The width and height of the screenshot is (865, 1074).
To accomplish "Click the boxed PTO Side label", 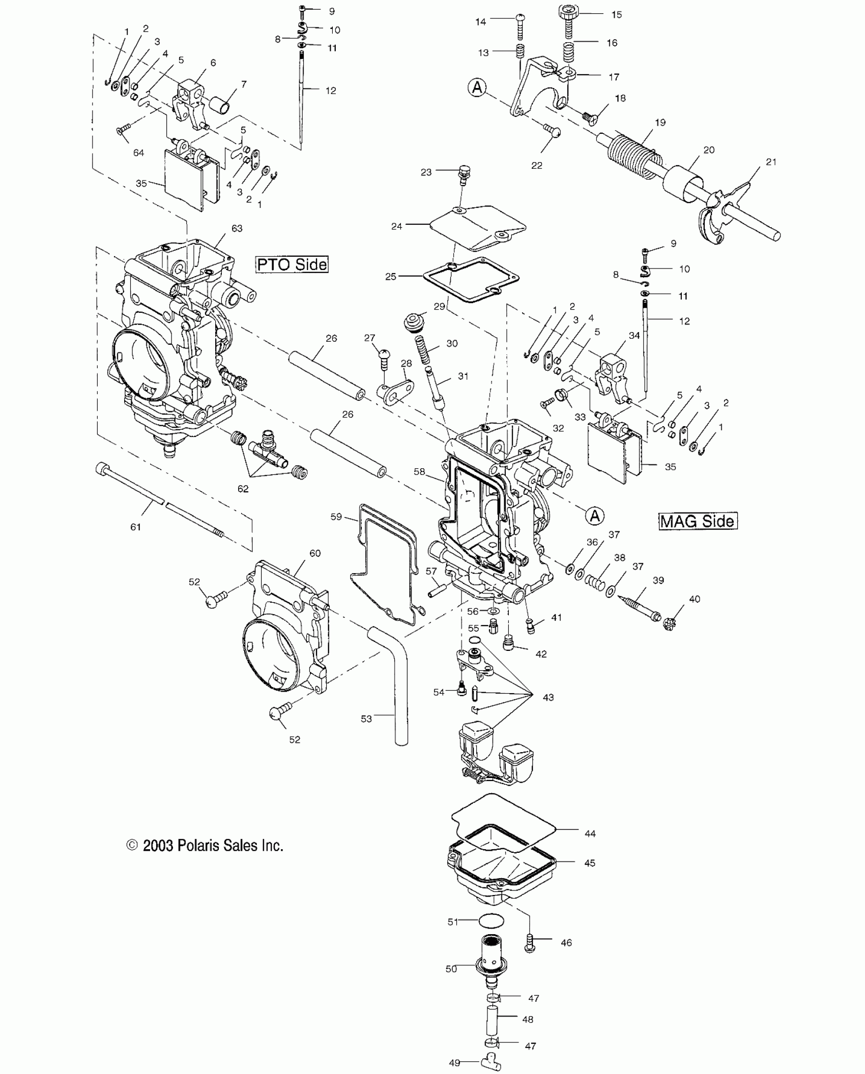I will (292, 264).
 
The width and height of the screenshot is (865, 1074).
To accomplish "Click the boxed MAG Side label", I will (698, 521).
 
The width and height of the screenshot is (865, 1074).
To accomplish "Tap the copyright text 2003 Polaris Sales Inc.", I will (205, 846).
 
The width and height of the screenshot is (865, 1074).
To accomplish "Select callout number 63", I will (237, 229).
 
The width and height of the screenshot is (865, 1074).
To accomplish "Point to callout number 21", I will (771, 162).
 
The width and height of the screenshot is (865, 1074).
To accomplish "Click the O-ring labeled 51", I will (491, 921).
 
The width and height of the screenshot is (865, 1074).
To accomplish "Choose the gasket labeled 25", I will (471, 279).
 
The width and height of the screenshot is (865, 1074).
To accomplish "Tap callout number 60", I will (315, 553).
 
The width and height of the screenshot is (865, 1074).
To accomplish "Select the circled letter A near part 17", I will (477, 88).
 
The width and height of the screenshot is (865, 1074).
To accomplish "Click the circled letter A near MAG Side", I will (594, 516).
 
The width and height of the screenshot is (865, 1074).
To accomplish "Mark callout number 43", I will (548, 698).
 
